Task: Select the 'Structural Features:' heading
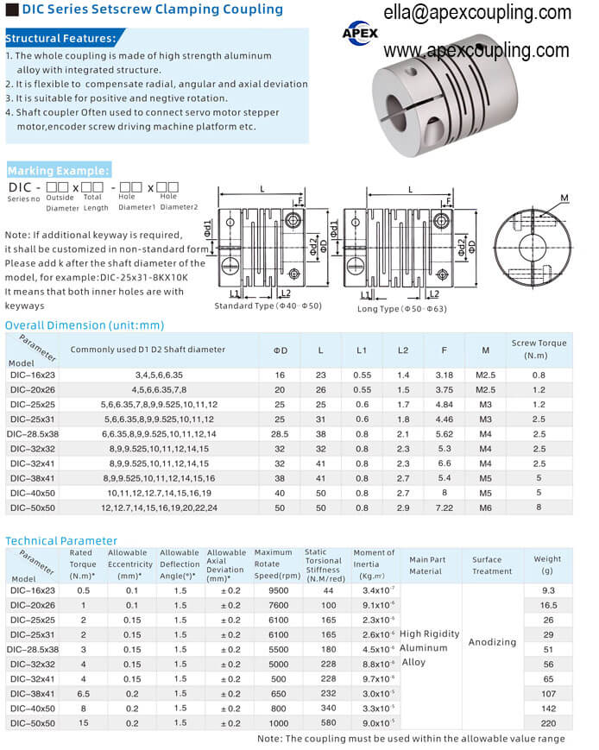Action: click(x=60, y=39)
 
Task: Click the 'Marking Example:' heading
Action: click(x=58, y=170)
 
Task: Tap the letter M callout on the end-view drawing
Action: click(x=564, y=199)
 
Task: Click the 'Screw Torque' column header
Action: click(x=539, y=349)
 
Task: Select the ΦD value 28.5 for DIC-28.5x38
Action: click(x=280, y=433)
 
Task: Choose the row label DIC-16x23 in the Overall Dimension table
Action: click(x=32, y=375)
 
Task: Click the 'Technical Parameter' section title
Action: click(x=60, y=540)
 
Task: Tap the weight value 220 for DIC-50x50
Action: click(x=548, y=722)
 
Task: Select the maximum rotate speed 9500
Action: click(x=273, y=590)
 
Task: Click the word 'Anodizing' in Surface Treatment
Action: click(x=492, y=642)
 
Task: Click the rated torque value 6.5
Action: click(x=83, y=693)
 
